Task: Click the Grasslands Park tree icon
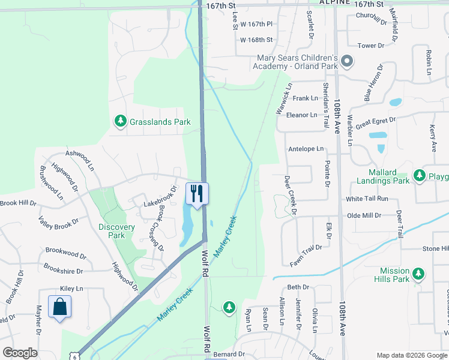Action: [121, 122]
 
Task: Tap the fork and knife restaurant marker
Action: [197, 193]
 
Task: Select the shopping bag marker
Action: [59, 307]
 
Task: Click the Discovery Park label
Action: [117, 232]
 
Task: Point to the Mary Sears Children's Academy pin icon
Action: [348, 61]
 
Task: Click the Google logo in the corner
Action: [20, 353]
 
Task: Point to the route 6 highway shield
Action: [73, 356]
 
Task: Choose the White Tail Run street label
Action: [367, 199]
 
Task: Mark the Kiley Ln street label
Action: [71, 289]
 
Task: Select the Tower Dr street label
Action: [370, 46]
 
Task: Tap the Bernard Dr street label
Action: [229, 355]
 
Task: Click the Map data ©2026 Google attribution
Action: [412, 355]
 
